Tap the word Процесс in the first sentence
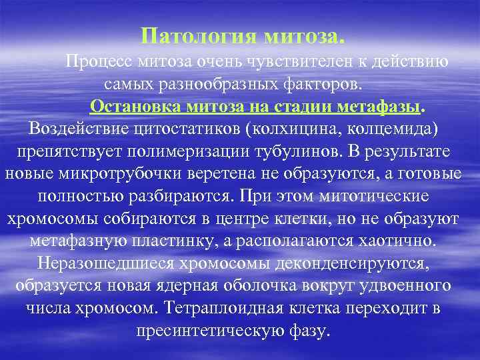click(98, 62)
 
